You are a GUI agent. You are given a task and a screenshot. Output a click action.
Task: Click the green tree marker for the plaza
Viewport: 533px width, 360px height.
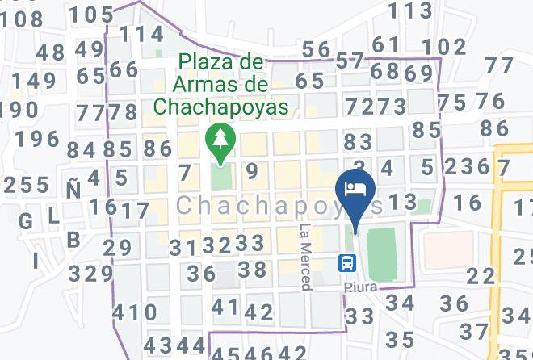click(x=218, y=140)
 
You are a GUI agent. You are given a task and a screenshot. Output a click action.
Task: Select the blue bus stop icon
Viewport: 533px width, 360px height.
click(x=347, y=262)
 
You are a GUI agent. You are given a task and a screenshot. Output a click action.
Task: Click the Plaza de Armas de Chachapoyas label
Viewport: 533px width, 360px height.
click(x=221, y=84)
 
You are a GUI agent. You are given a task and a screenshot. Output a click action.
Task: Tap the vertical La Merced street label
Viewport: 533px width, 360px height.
click(x=305, y=257)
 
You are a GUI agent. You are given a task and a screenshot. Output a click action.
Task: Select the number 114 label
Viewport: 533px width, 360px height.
click(x=141, y=34)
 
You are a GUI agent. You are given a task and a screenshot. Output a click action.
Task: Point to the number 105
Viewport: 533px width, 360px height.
click(x=91, y=14)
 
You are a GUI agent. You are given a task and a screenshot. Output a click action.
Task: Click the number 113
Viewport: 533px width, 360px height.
click(x=410, y=10)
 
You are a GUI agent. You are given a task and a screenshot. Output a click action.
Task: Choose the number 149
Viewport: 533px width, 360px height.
click(x=28, y=82)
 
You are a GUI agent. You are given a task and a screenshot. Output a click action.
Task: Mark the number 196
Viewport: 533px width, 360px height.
click(x=36, y=139)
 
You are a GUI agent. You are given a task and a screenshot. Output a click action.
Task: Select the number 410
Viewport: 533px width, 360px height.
click(x=135, y=312)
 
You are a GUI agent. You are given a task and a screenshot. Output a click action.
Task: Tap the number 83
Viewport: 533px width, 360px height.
click(x=358, y=142)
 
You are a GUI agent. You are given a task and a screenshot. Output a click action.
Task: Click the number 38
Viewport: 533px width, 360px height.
click(x=252, y=270)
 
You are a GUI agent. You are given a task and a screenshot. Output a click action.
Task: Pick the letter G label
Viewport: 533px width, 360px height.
click(x=25, y=221)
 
